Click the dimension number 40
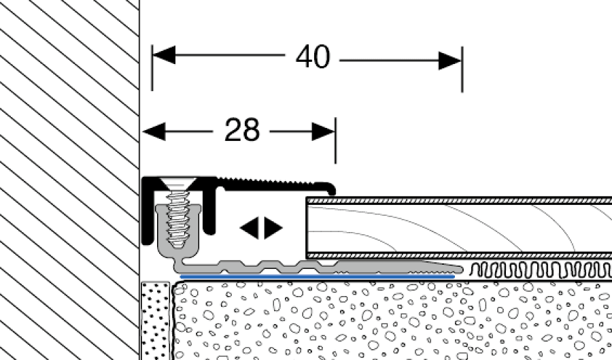(313, 59)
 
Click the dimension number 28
(241, 129)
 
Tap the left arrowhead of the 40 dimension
(164, 56)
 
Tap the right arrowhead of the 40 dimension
(450, 61)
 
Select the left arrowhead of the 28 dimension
(154, 129)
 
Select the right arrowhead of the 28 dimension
(324, 131)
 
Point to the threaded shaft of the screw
(178, 218)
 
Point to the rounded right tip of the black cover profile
(331, 187)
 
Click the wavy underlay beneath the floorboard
(537, 268)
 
